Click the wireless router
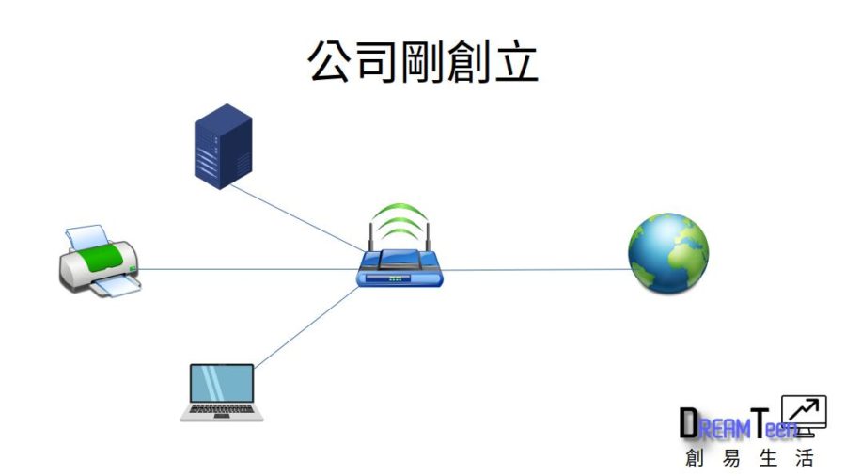pos(399,267)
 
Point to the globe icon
pos(668,253)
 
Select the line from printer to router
pos(244,270)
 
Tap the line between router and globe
pos(536,270)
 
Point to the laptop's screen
pos(222,384)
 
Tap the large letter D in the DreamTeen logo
pos(689,424)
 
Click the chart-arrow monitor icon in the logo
pos(804,413)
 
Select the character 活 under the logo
pos(804,459)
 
